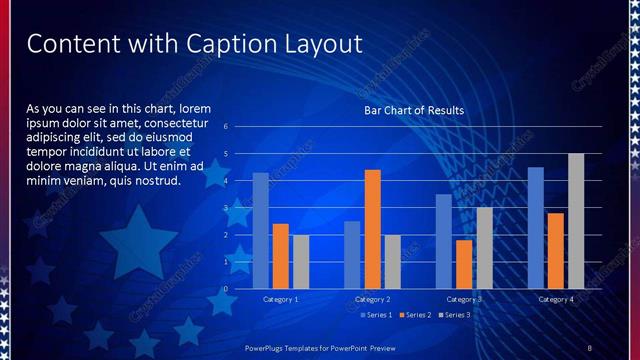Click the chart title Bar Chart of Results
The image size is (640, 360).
[x=414, y=110]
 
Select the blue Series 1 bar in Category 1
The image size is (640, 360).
[x=261, y=231]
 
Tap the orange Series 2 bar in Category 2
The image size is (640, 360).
[x=372, y=229]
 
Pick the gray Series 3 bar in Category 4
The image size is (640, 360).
[x=576, y=221]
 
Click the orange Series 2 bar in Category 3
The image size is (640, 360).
[x=464, y=264]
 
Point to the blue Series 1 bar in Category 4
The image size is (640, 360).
[x=536, y=228]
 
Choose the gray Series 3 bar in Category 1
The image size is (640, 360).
[x=301, y=262]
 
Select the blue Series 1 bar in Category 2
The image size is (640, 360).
[x=352, y=255]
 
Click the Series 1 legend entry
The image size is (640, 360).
[x=374, y=315]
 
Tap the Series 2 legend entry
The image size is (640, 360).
[x=414, y=315]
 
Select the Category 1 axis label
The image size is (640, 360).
[x=281, y=299]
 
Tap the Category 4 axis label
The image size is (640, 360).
[x=556, y=299]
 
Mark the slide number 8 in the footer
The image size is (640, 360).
[x=589, y=347]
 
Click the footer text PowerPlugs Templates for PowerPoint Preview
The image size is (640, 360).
[x=321, y=347]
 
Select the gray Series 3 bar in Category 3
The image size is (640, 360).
[x=484, y=248]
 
